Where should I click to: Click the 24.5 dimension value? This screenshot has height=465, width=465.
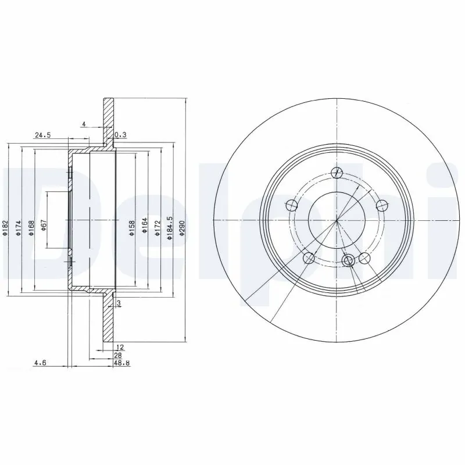(43, 135)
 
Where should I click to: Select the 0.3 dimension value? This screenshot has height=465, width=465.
(120, 135)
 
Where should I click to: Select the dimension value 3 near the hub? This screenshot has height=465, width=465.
(118, 303)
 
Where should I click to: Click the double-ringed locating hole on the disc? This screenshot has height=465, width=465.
(348, 260)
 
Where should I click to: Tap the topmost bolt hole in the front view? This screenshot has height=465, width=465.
(336, 171)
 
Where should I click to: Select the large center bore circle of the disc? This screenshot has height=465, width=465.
(337, 220)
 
